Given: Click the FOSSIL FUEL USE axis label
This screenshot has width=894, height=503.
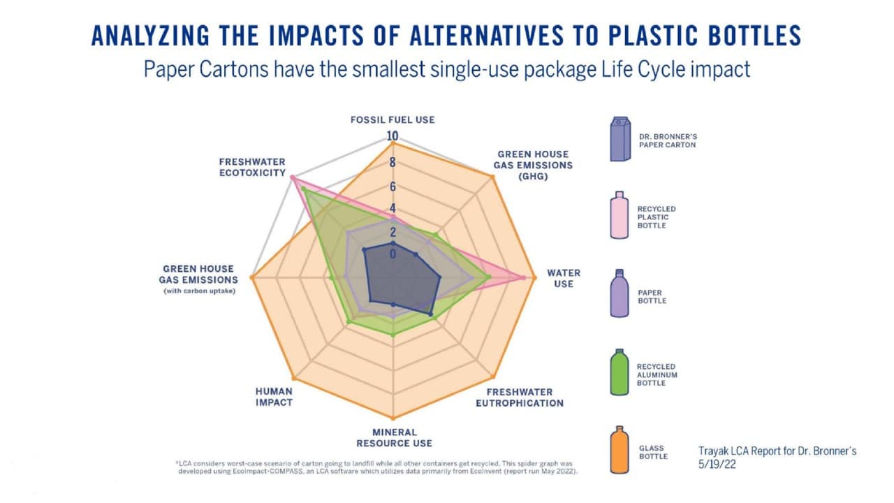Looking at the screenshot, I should pos(393,119).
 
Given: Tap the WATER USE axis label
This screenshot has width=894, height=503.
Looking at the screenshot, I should pos(564,278).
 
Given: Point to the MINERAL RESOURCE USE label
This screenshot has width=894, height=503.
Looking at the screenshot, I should pos(394,437).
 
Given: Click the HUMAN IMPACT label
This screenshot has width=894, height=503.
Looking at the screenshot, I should pos(274,397).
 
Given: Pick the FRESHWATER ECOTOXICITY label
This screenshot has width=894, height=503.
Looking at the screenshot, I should pos(252,167).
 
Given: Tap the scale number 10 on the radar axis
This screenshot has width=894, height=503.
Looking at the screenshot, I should pos(393,136).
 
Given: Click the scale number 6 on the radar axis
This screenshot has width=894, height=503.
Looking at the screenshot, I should pos(393,187).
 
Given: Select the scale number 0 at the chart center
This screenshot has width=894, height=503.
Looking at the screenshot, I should pos(393,254).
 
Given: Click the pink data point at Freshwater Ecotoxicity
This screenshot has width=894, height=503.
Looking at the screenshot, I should pos(293,178).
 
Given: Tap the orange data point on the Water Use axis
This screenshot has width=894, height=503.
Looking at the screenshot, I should pos(534,278).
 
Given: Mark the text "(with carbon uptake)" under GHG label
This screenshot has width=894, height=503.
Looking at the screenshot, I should pos(198,291).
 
